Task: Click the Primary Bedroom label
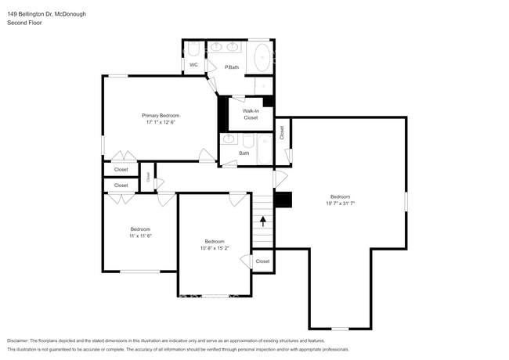point(161,116)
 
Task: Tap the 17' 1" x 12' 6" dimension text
point(161,122)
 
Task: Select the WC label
point(193,65)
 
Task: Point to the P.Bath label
point(232,67)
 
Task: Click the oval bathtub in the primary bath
point(262,58)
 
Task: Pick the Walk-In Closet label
point(251,114)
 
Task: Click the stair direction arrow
point(263,221)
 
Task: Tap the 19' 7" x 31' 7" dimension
point(340,203)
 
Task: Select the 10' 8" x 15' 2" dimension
point(215,248)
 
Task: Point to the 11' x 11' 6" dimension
point(140,236)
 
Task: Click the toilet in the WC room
point(193,49)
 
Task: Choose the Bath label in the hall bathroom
point(244,153)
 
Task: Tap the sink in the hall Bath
point(229,139)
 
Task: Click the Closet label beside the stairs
point(262,261)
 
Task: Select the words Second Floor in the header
point(24,23)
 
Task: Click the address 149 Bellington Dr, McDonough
point(46,14)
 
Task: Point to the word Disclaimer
point(18,341)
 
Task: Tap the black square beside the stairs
point(283,200)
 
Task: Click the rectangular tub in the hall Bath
point(265,149)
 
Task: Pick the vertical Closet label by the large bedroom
point(282,132)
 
